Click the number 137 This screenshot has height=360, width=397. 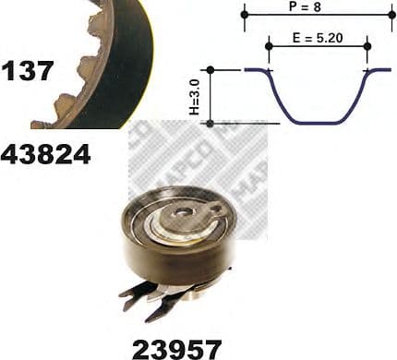[27, 71]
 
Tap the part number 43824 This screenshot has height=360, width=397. [45, 155]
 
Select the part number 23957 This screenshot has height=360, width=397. [176, 349]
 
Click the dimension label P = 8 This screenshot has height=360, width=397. [305, 6]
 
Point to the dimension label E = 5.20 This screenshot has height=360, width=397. [318, 38]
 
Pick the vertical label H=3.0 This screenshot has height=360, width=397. [195, 96]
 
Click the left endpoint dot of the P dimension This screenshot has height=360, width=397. [245, 15]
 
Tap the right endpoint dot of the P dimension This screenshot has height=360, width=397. [392, 15]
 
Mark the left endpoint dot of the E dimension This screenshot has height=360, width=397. [269, 46]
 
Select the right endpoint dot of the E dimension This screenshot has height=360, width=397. [367, 46]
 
